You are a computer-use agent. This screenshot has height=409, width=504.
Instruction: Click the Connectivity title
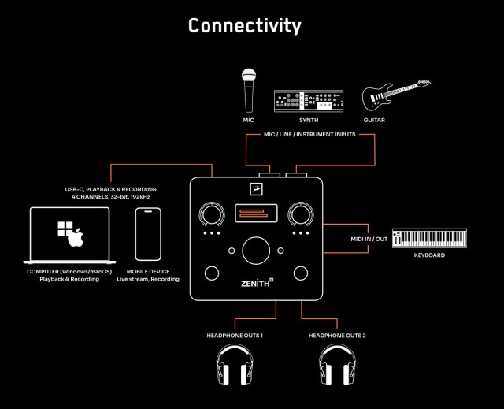click(244, 25)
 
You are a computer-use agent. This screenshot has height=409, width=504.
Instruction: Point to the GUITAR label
click(374, 121)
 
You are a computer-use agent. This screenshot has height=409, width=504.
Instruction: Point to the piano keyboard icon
click(428, 239)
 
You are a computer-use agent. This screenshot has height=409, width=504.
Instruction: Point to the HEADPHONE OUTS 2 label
click(336, 336)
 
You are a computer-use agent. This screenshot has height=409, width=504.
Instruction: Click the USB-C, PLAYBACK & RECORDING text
click(110, 190)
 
